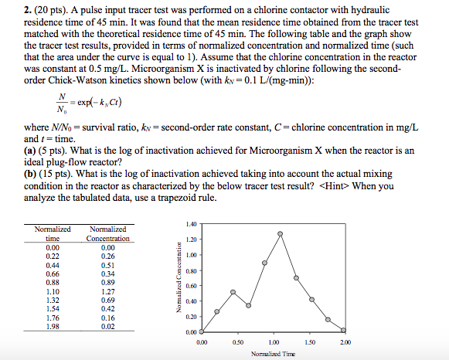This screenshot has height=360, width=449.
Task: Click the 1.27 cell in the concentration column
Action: (x=108, y=292)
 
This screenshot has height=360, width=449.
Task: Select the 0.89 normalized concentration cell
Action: (x=108, y=283)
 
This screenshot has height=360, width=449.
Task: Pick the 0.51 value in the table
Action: (x=108, y=265)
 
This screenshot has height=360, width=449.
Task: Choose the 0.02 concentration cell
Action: (x=108, y=326)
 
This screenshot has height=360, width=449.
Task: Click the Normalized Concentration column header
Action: (x=108, y=234)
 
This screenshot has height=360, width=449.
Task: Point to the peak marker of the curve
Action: (x=280, y=233)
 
